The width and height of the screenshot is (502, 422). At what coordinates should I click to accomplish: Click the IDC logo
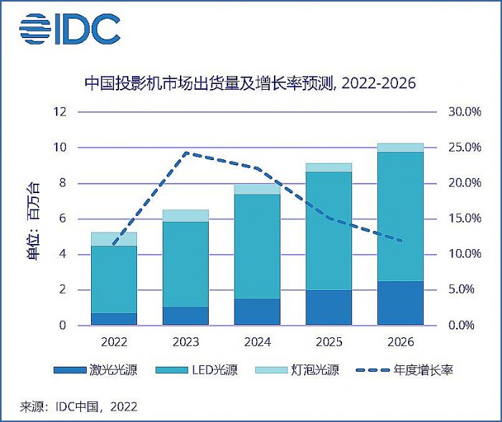[x=70, y=29]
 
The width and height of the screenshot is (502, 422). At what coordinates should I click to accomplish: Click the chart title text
[x=250, y=83]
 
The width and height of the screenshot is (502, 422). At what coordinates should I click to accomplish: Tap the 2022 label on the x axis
[x=115, y=342]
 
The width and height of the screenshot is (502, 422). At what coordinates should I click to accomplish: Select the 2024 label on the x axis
[x=258, y=342]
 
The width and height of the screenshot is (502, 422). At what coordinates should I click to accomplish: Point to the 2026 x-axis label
[x=400, y=342]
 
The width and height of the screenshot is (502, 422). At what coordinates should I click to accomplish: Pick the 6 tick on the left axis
[x=62, y=219]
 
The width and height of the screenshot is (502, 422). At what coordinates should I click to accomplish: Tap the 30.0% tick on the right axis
[x=464, y=112]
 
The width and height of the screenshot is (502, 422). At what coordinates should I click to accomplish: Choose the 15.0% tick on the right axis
[x=464, y=219]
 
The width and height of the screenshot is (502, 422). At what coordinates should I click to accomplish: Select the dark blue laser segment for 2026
[x=400, y=303]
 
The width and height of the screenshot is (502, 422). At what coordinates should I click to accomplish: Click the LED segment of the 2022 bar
[x=115, y=279]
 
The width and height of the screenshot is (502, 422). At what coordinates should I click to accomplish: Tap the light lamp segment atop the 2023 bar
[x=186, y=216]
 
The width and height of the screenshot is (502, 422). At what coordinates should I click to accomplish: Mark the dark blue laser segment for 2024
[x=257, y=311]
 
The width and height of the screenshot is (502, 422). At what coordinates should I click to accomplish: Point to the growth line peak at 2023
[x=186, y=153]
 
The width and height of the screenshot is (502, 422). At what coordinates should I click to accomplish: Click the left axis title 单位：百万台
[x=34, y=219]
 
